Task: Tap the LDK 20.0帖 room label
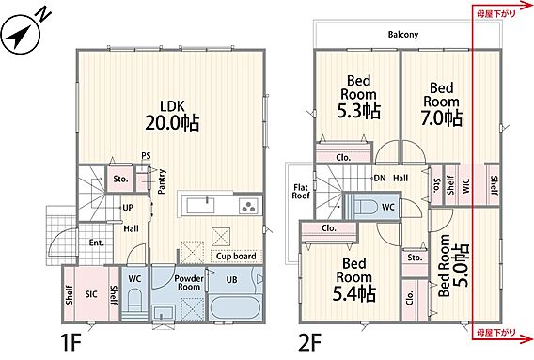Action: pos(172,116)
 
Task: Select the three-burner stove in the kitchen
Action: pos(248,206)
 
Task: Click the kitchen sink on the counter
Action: pos(201,205)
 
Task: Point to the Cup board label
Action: pos(236,256)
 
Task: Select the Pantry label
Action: pos(162,181)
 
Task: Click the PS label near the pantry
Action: pos(146,156)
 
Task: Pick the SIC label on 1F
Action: pos(91,294)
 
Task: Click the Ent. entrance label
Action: pos(97,243)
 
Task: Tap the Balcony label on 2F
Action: pos(403,35)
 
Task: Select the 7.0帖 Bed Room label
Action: pos(442,104)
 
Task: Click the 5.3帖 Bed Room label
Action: pos(358,97)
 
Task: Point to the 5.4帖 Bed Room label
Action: pos(354,279)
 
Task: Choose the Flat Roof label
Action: pos(301,192)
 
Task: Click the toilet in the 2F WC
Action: pos(366,206)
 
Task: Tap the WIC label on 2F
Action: pos(466,186)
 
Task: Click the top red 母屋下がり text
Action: pos(495,13)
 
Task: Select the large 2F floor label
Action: pos(310,342)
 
